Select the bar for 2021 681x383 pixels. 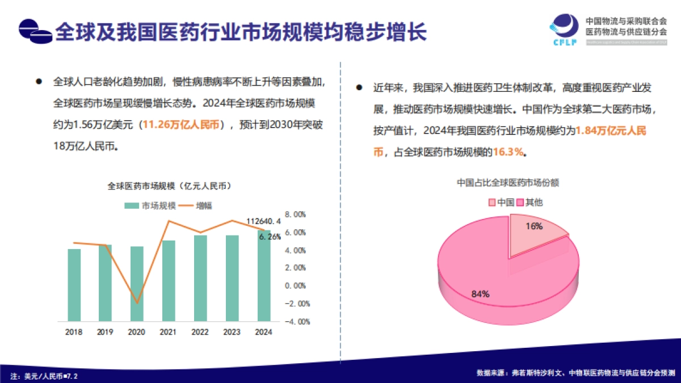(169, 280)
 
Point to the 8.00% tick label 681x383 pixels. (299, 214)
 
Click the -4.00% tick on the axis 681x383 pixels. (299, 322)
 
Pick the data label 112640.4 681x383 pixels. (263, 221)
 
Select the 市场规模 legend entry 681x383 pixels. (144, 205)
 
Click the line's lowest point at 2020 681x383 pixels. (137, 303)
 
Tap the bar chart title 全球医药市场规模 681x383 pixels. (169, 186)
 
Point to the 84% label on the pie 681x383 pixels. (480, 294)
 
